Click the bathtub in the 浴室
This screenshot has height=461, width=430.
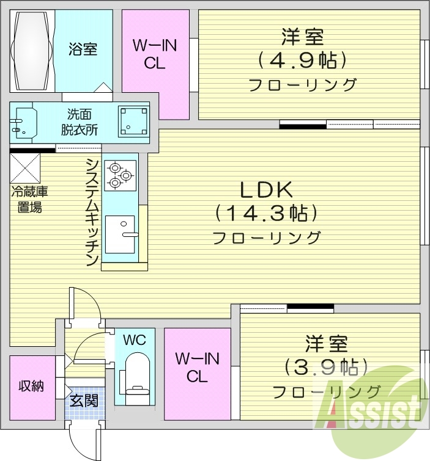pyautogui.click(x=32, y=51)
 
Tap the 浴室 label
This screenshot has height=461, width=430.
pyautogui.click(x=83, y=49)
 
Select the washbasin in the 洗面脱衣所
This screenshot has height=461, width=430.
pyautogui.click(x=23, y=122)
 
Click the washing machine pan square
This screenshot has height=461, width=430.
pyautogui.click(x=134, y=121)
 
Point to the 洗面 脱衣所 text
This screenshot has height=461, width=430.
pyautogui.click(x=83, y=122)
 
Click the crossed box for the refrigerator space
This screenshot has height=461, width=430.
pyautogui.click(x=25, y=168)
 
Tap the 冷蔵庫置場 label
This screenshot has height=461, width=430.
pyautogui.click(x=29, y=199)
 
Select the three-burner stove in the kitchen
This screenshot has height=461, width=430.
pyautogui.click(x=120, y=175)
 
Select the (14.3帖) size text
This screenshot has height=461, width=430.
pyautogui.click(x=266, y=214)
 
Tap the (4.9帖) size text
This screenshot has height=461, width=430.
pyautogui.click(x=302, y=60)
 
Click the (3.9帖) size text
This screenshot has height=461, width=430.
pyautogui.click(x=326, y=366)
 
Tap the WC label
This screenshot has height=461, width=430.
pyautogui.click(x=135, y=340)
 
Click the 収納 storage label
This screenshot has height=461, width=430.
pyautogui.click(x=31, y=386)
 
